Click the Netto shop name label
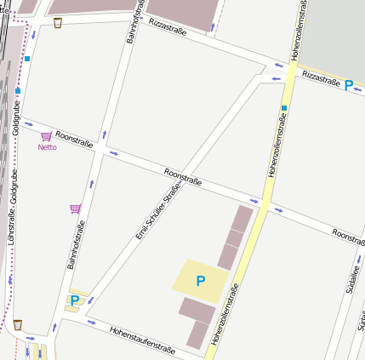click(x=47, y=147)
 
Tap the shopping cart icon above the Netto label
click(x=46, y=136)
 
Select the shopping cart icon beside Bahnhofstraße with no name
click(x=75, y=209)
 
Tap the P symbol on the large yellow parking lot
click(x=201, y=280)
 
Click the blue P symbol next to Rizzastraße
click(x=349, y=85)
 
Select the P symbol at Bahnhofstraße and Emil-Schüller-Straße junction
click(x=75, y=300)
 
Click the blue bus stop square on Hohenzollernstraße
click(x=284, y=108)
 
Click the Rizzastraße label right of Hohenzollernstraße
click(x=321, y=77)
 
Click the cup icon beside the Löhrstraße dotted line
click(x=17, y=324)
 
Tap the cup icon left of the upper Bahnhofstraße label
click(x=57, y=23)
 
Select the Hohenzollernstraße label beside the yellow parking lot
click(x=225, y=315)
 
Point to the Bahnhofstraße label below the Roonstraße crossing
click(x=77, y=244)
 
